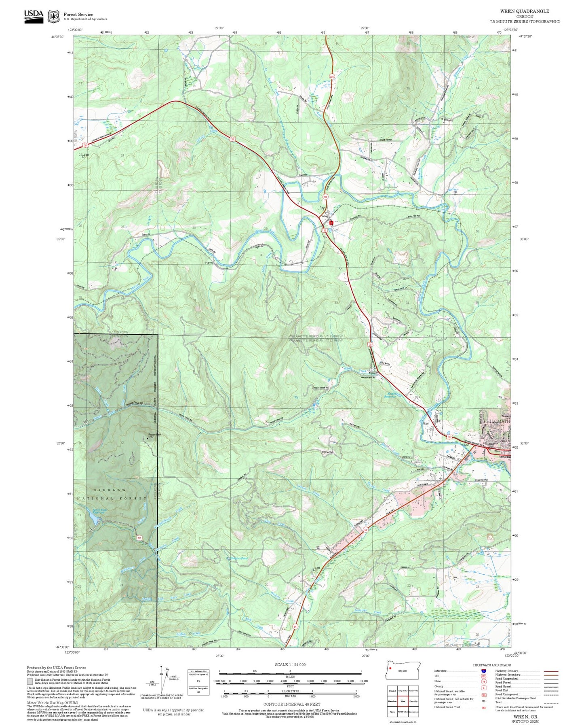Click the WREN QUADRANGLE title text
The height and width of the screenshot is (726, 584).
524,11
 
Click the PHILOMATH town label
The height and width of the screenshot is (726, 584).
495,421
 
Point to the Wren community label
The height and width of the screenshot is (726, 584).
325,216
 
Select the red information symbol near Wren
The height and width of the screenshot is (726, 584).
331,223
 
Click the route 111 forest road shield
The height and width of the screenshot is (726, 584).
139,538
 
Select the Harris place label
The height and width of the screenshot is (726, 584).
209,263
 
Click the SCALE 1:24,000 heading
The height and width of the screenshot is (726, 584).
290,664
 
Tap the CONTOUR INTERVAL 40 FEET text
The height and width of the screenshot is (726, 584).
290,704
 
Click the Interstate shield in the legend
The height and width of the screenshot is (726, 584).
483,671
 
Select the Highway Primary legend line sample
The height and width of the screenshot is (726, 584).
551,671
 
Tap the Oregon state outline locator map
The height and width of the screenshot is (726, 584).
403,671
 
